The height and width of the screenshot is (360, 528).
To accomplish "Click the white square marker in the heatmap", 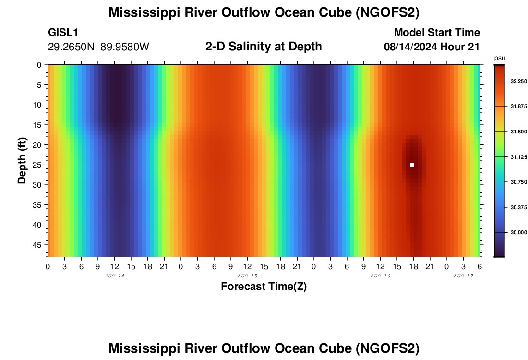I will [x=412, y=165].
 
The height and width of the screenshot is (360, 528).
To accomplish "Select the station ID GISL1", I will [x=63, y=33].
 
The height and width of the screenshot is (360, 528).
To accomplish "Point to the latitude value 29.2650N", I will [x=72, y=47].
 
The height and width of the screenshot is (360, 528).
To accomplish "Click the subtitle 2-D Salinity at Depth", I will [x=264, y=47].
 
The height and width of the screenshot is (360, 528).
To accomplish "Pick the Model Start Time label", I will [x=437, y=33].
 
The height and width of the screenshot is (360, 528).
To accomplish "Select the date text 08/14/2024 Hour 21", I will [x=432, y=47].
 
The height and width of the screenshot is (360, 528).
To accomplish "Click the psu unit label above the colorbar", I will [x=500, y=58].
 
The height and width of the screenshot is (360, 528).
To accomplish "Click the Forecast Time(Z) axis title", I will [x=264, y=287].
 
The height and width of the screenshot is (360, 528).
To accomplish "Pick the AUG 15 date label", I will [x=248, y=276].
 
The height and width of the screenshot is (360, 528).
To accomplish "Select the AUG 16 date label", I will [x=381, y=276].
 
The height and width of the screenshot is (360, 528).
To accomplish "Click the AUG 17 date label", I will [x=464, y=276].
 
